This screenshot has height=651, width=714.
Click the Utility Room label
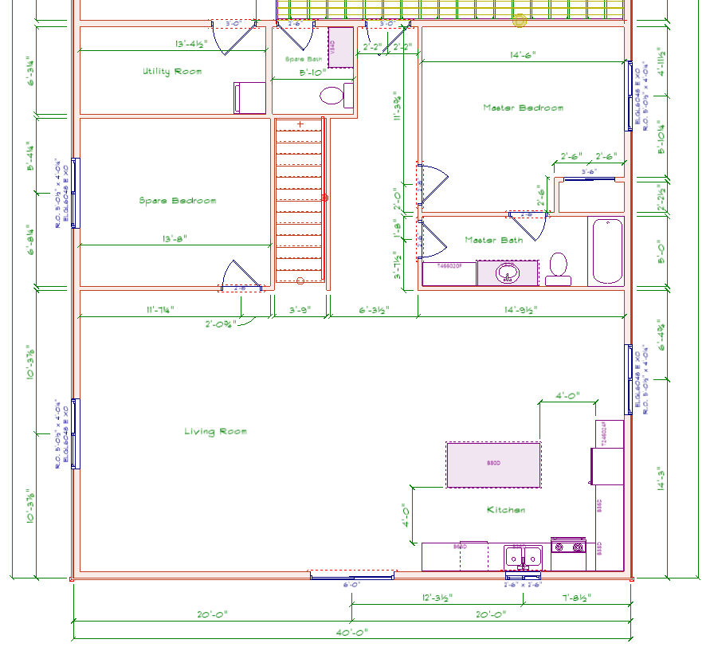coord(172,72)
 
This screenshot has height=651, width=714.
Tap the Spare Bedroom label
coord(177,201)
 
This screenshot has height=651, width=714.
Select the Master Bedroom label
coord(523,108)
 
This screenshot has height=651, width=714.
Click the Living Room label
coord(215,432)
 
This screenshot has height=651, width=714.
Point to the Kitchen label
coord(506,510)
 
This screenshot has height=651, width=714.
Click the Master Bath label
coord(494,240)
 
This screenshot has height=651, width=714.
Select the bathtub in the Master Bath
coord(607,251)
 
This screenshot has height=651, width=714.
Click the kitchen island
coord(493,465)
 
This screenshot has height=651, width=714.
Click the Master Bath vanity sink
coord(507,274)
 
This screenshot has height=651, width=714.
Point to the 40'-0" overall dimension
coord(351,632)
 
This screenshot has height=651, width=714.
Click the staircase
coord(300,201)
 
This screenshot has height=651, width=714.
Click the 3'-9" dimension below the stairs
coord(300,310)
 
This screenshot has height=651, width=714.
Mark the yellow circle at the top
coord(520,21)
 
